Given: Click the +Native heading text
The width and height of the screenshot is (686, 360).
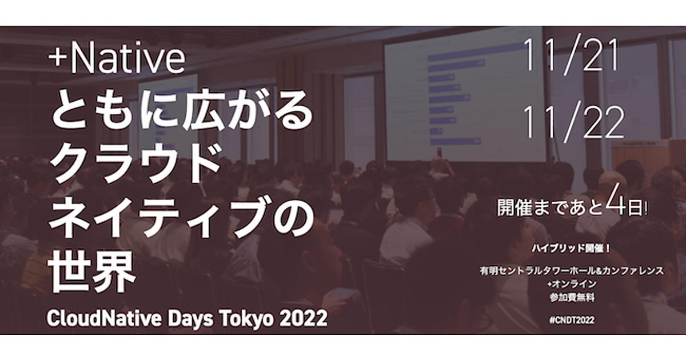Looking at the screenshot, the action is tap(117, 58).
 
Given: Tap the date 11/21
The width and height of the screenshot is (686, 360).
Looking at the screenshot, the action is tap(571, 57).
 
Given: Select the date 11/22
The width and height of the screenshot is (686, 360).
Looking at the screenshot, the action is tap(573, 122).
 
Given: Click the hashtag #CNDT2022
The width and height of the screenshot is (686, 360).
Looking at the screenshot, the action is tap(572, 321).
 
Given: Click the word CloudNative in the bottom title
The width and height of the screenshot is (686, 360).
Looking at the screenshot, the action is tap(104, 318).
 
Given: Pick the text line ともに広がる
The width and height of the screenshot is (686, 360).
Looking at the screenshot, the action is tap(182, 110).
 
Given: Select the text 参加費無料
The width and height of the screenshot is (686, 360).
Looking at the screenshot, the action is tap(572, 297).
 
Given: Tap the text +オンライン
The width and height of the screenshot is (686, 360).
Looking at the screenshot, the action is tap(572, 284).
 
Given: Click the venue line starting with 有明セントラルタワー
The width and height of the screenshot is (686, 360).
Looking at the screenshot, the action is tap(572, 271).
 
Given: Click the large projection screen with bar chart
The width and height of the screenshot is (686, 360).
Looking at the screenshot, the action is tap(464, 95).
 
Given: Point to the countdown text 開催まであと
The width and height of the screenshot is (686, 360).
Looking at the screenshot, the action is tap(550, 208).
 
